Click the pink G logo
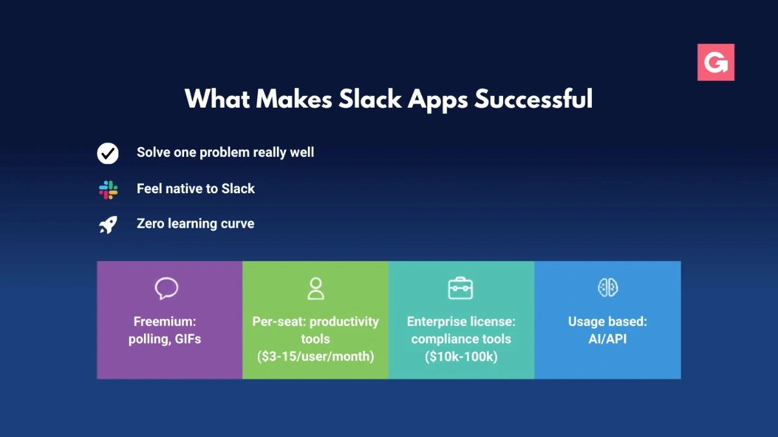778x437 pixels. click(x=716, y=62)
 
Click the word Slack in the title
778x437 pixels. click(x=370, y=99)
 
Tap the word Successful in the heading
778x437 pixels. click(x=534, y=99)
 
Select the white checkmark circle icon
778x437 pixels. click(x=108, y=153)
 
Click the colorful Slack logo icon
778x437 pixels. click(x=108, y=190)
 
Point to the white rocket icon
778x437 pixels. click(x=108, y=225)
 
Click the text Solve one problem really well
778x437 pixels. click(x=226, y=152)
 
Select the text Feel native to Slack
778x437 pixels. click(x=196, y=189)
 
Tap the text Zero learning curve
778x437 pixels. click(x=196, y=224)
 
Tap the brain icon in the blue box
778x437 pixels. click(x=608, y=288)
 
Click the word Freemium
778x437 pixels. click(x=165, y=322)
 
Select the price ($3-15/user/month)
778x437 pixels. click(x=316, y=357)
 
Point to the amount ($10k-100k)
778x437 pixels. click(x=461, y=357)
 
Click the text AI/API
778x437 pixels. click(x=608, y=339)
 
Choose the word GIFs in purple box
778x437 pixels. click(x=188, y=339)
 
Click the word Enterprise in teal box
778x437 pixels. click(x=437, y=322)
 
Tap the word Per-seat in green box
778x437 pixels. click(x=279, y=322)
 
